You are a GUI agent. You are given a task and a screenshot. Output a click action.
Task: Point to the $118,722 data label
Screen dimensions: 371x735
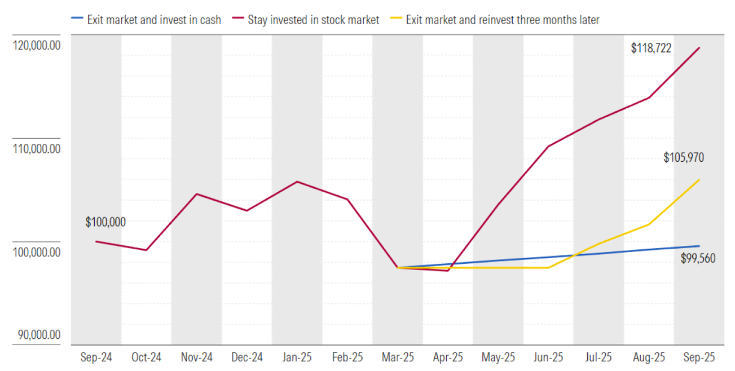click(651, 48)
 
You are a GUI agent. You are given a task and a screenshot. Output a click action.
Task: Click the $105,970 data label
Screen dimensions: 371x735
click(684, 158)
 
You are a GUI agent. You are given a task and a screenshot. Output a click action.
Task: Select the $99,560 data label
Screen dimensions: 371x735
click(698, 259)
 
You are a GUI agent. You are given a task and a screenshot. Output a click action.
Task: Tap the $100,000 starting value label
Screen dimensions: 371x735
click(105, 222)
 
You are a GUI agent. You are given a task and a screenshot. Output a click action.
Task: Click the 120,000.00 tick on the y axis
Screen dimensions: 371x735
click(36, 46)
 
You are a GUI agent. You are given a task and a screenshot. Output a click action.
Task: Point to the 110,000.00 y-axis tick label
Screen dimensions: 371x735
click(36, 149)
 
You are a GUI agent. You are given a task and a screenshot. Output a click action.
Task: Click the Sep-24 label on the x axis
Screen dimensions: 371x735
click(96, 357)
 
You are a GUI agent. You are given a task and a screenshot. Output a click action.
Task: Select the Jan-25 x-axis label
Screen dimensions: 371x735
click(297, 357)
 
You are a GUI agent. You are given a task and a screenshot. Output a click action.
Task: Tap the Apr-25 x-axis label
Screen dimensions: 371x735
click(448, 357)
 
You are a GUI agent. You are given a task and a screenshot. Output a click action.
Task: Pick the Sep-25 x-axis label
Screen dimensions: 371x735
click(699, 357)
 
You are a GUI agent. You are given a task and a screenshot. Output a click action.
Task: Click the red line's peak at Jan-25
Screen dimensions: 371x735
click(297, 182)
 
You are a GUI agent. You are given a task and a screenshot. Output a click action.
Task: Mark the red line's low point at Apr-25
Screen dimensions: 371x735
click(448, 271)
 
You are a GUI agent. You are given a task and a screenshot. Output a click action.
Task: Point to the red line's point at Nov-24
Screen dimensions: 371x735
click(196, 194)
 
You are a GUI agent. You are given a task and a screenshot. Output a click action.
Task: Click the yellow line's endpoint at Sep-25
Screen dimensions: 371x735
click(699, 180)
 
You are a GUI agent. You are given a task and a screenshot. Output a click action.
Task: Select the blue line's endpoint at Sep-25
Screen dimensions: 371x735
click(699, 246)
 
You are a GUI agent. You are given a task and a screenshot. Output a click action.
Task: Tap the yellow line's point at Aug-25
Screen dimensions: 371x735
click(649, 224)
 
